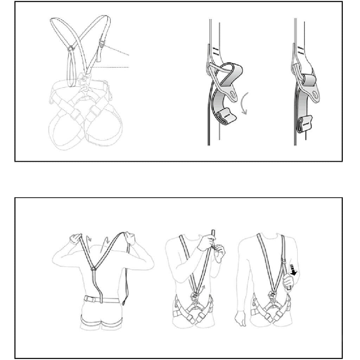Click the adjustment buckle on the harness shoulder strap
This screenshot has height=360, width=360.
[x=102, y=45]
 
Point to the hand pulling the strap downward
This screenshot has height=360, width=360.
[x=288, y=282]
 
